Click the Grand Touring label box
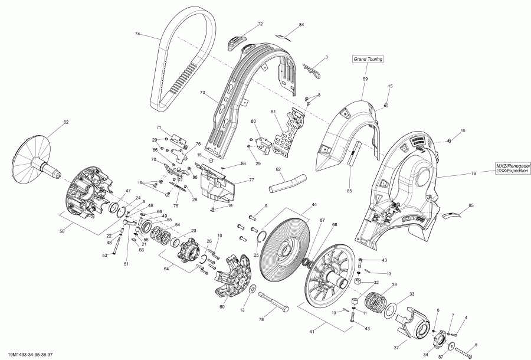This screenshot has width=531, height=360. coord(368,59)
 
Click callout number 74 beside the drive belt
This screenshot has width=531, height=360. coord(137,34)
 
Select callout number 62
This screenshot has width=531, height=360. coord(66,122)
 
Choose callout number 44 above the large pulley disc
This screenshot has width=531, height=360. coord(314,204)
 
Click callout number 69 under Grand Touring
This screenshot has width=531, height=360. coord(365,78)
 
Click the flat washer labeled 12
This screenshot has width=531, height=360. coord(253,289)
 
